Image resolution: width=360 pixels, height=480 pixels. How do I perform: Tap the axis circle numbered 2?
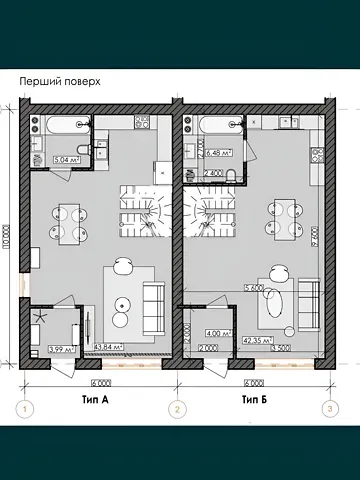click(x=177, y=408)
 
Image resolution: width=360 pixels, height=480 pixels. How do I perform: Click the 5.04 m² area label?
click(x=43, y=157)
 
